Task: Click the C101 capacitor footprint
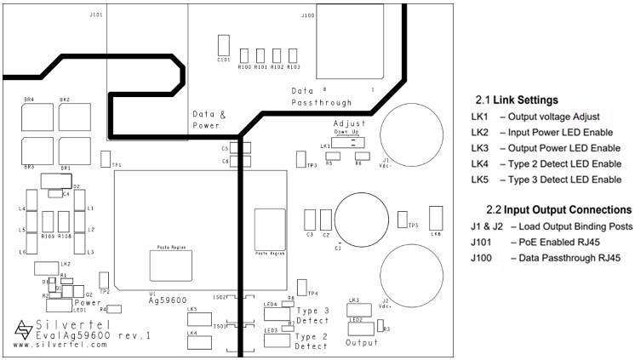224,45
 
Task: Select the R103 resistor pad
294,54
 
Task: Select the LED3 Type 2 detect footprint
276,340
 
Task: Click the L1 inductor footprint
81,209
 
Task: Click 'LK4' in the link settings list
478,163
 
